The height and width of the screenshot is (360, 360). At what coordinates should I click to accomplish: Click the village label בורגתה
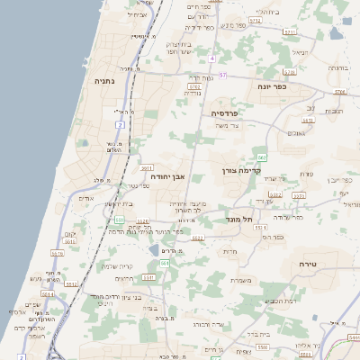(x=337, y=67)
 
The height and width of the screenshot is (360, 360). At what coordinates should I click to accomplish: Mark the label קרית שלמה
(x=117, y=266)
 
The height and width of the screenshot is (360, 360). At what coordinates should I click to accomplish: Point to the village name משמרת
(x=240, y=280)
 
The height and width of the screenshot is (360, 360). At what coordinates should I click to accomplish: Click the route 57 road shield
(x=222, y=75)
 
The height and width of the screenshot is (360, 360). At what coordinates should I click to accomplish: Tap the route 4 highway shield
(x=212, y=58)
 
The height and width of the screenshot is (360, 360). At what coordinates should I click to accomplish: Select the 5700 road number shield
(x=193, y=86)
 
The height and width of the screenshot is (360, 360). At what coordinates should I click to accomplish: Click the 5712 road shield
(x=255, y=19)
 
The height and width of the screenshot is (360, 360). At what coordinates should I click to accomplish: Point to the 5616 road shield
(x=57, y=254)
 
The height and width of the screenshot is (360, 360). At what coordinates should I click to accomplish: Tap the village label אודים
(x=86, y=198)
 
